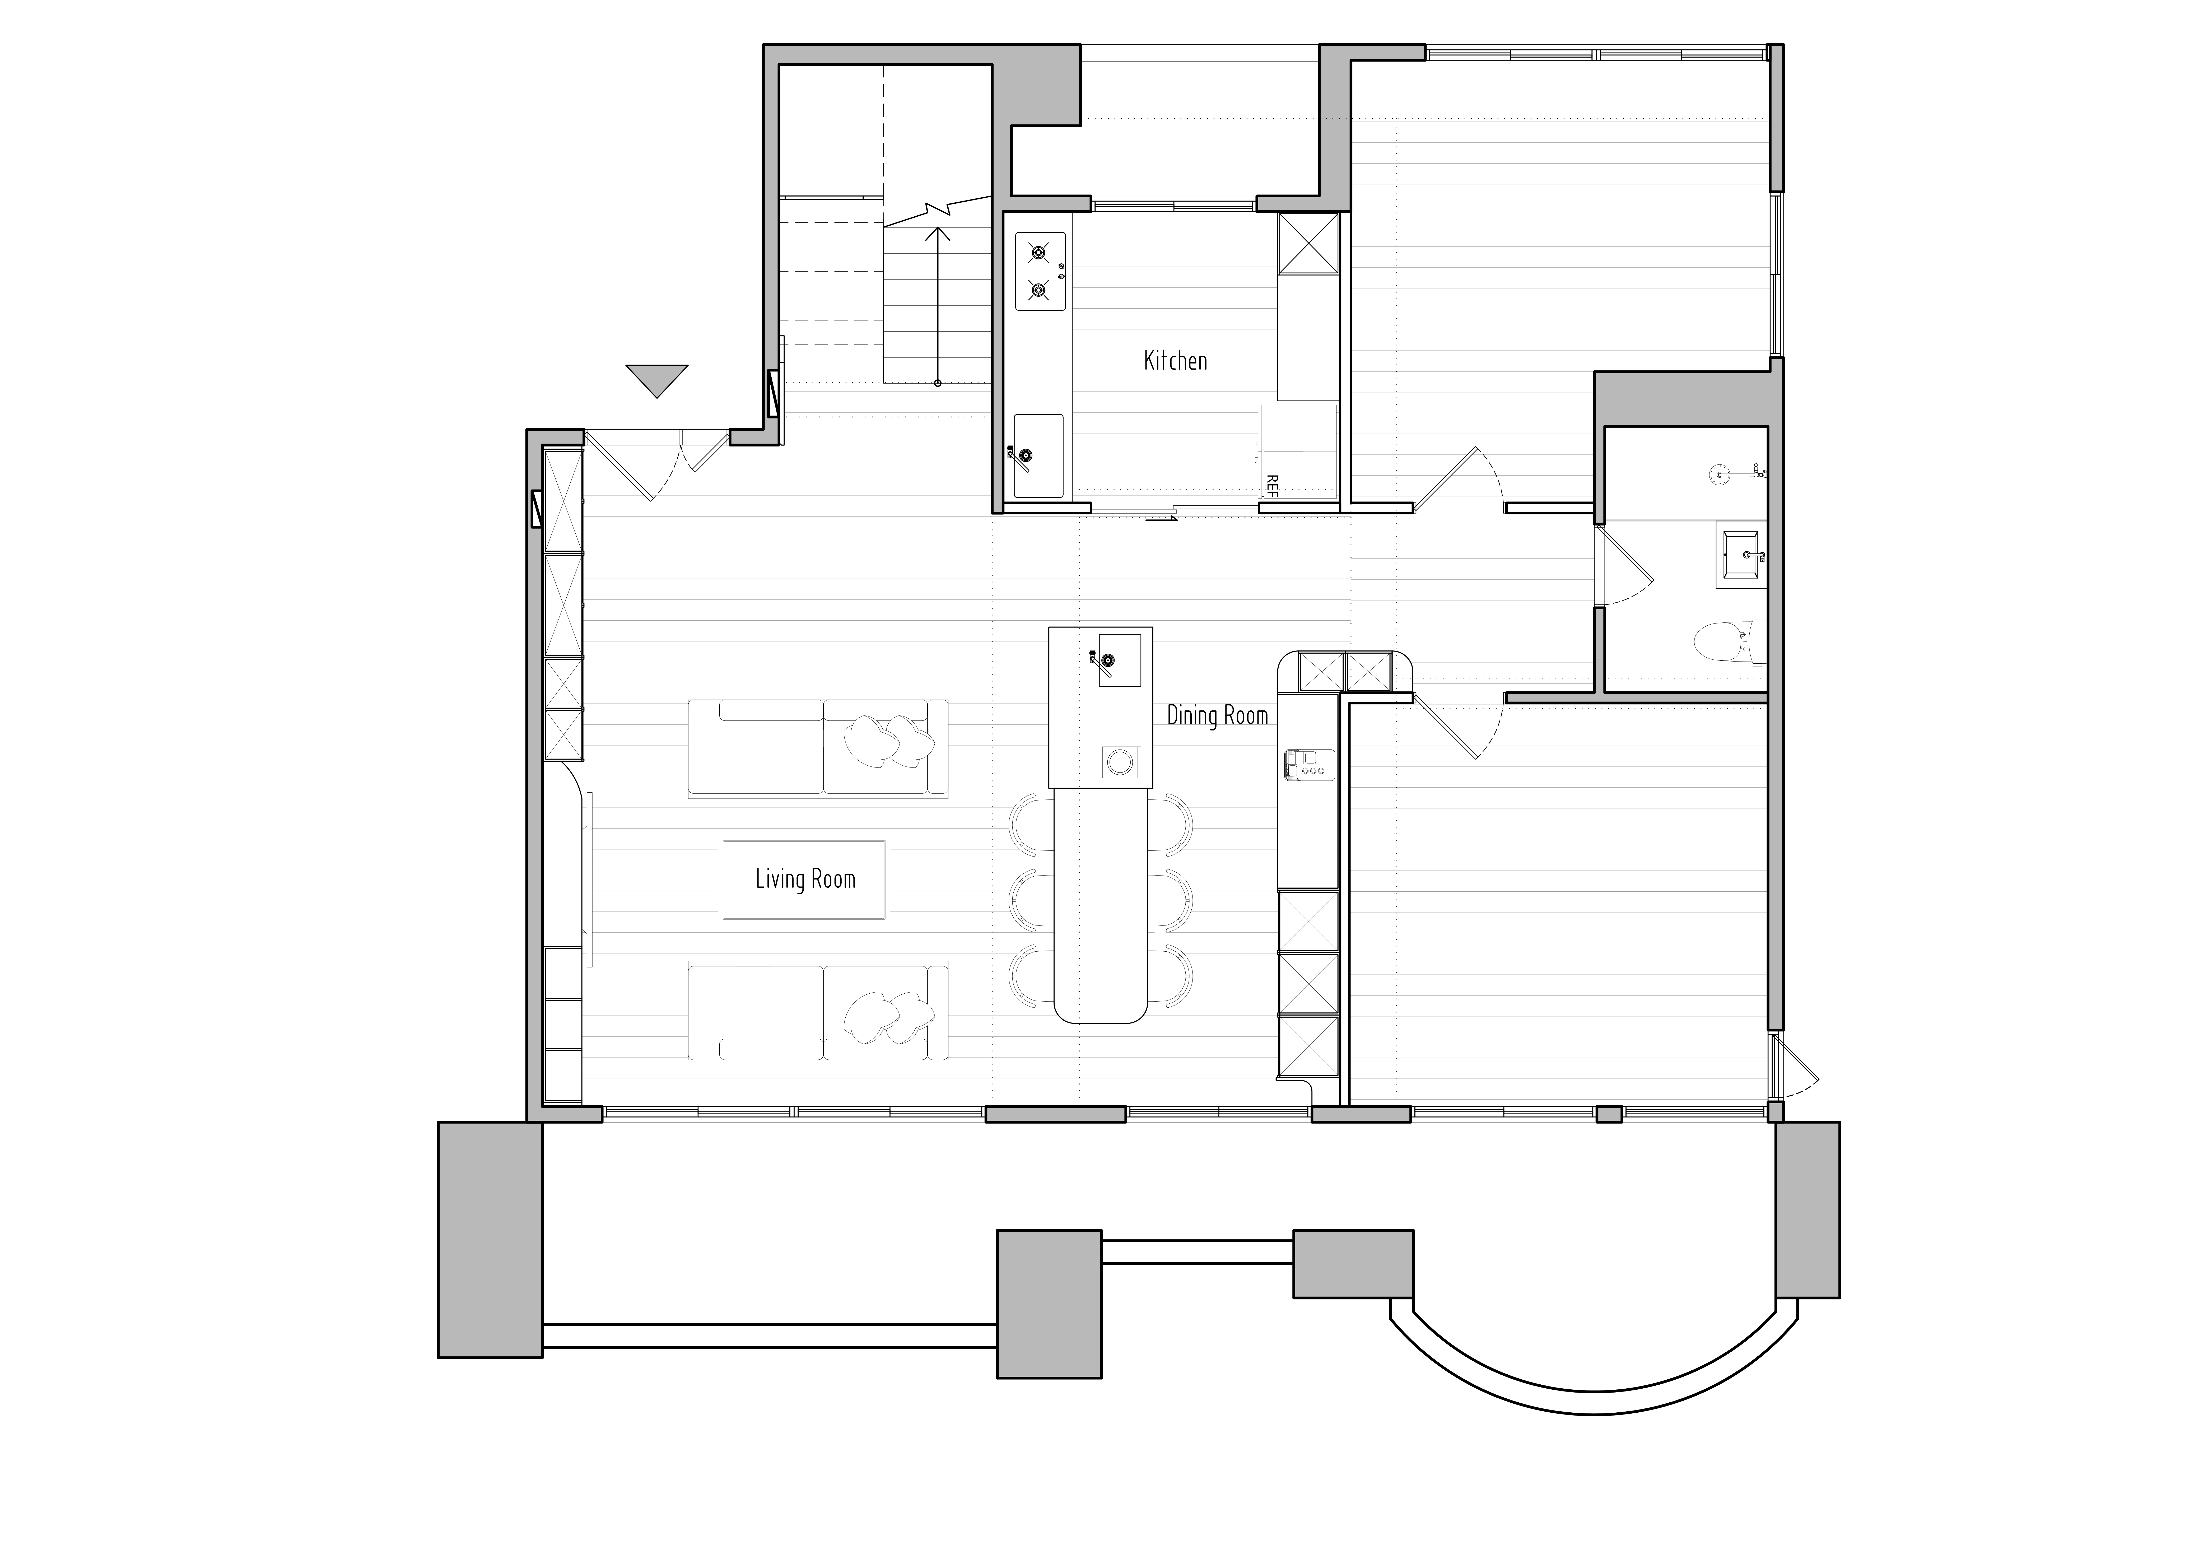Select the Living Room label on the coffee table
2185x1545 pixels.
(x=805, y=879)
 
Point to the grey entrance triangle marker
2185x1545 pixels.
(x=657, y=379)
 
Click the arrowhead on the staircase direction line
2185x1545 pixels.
(x=938, y=233)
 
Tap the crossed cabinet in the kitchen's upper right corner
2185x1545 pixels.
(x=1308, y=244)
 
